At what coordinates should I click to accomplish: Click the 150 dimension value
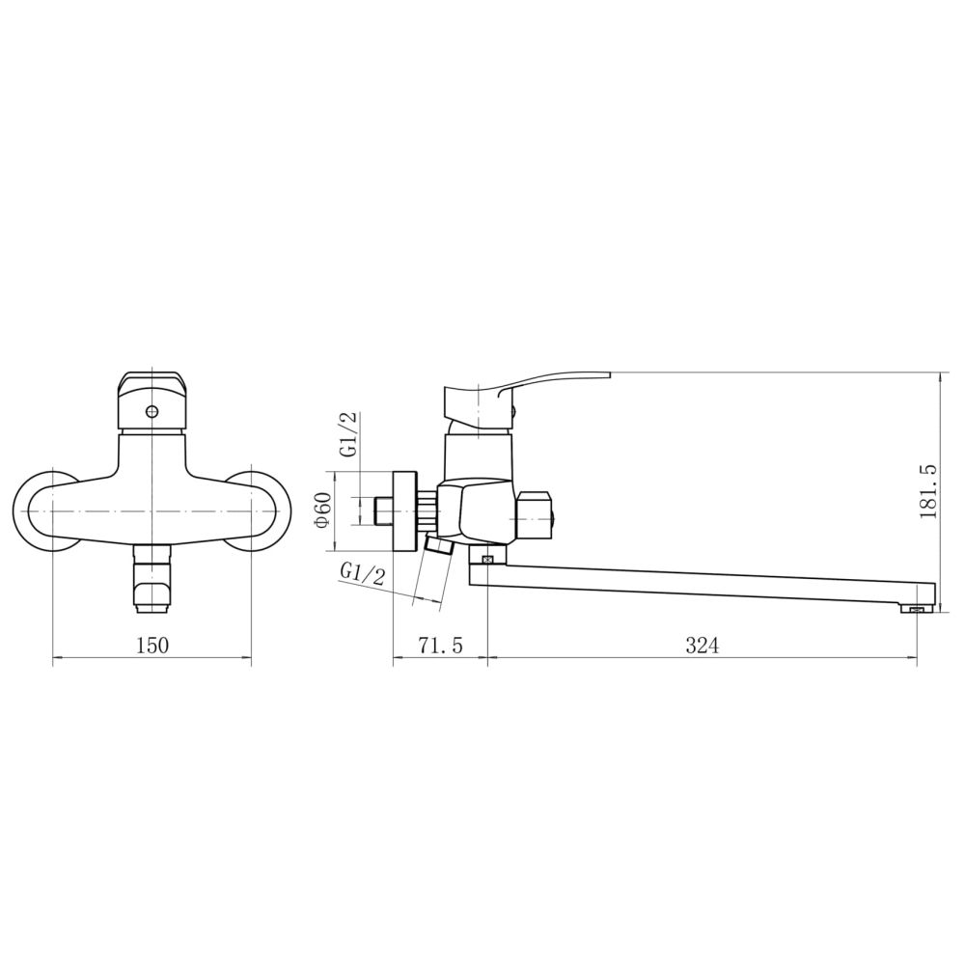pos(152,646)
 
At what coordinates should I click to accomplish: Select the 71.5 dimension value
pos(440,646)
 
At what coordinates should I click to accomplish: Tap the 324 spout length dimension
pos(702,646)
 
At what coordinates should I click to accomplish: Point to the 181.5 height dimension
pos(928,492)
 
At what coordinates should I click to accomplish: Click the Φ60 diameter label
pos(323,510)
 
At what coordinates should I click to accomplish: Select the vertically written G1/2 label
pos(348,434)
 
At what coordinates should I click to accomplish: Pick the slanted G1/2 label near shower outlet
pos(362,576)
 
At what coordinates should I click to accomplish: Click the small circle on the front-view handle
pos(152,412)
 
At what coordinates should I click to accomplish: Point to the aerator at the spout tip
pos(916,608)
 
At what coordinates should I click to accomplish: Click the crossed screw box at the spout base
pos(487,559)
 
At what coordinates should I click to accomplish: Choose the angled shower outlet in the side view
pos(439,549)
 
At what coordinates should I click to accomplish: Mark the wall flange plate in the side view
pos(404,510)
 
